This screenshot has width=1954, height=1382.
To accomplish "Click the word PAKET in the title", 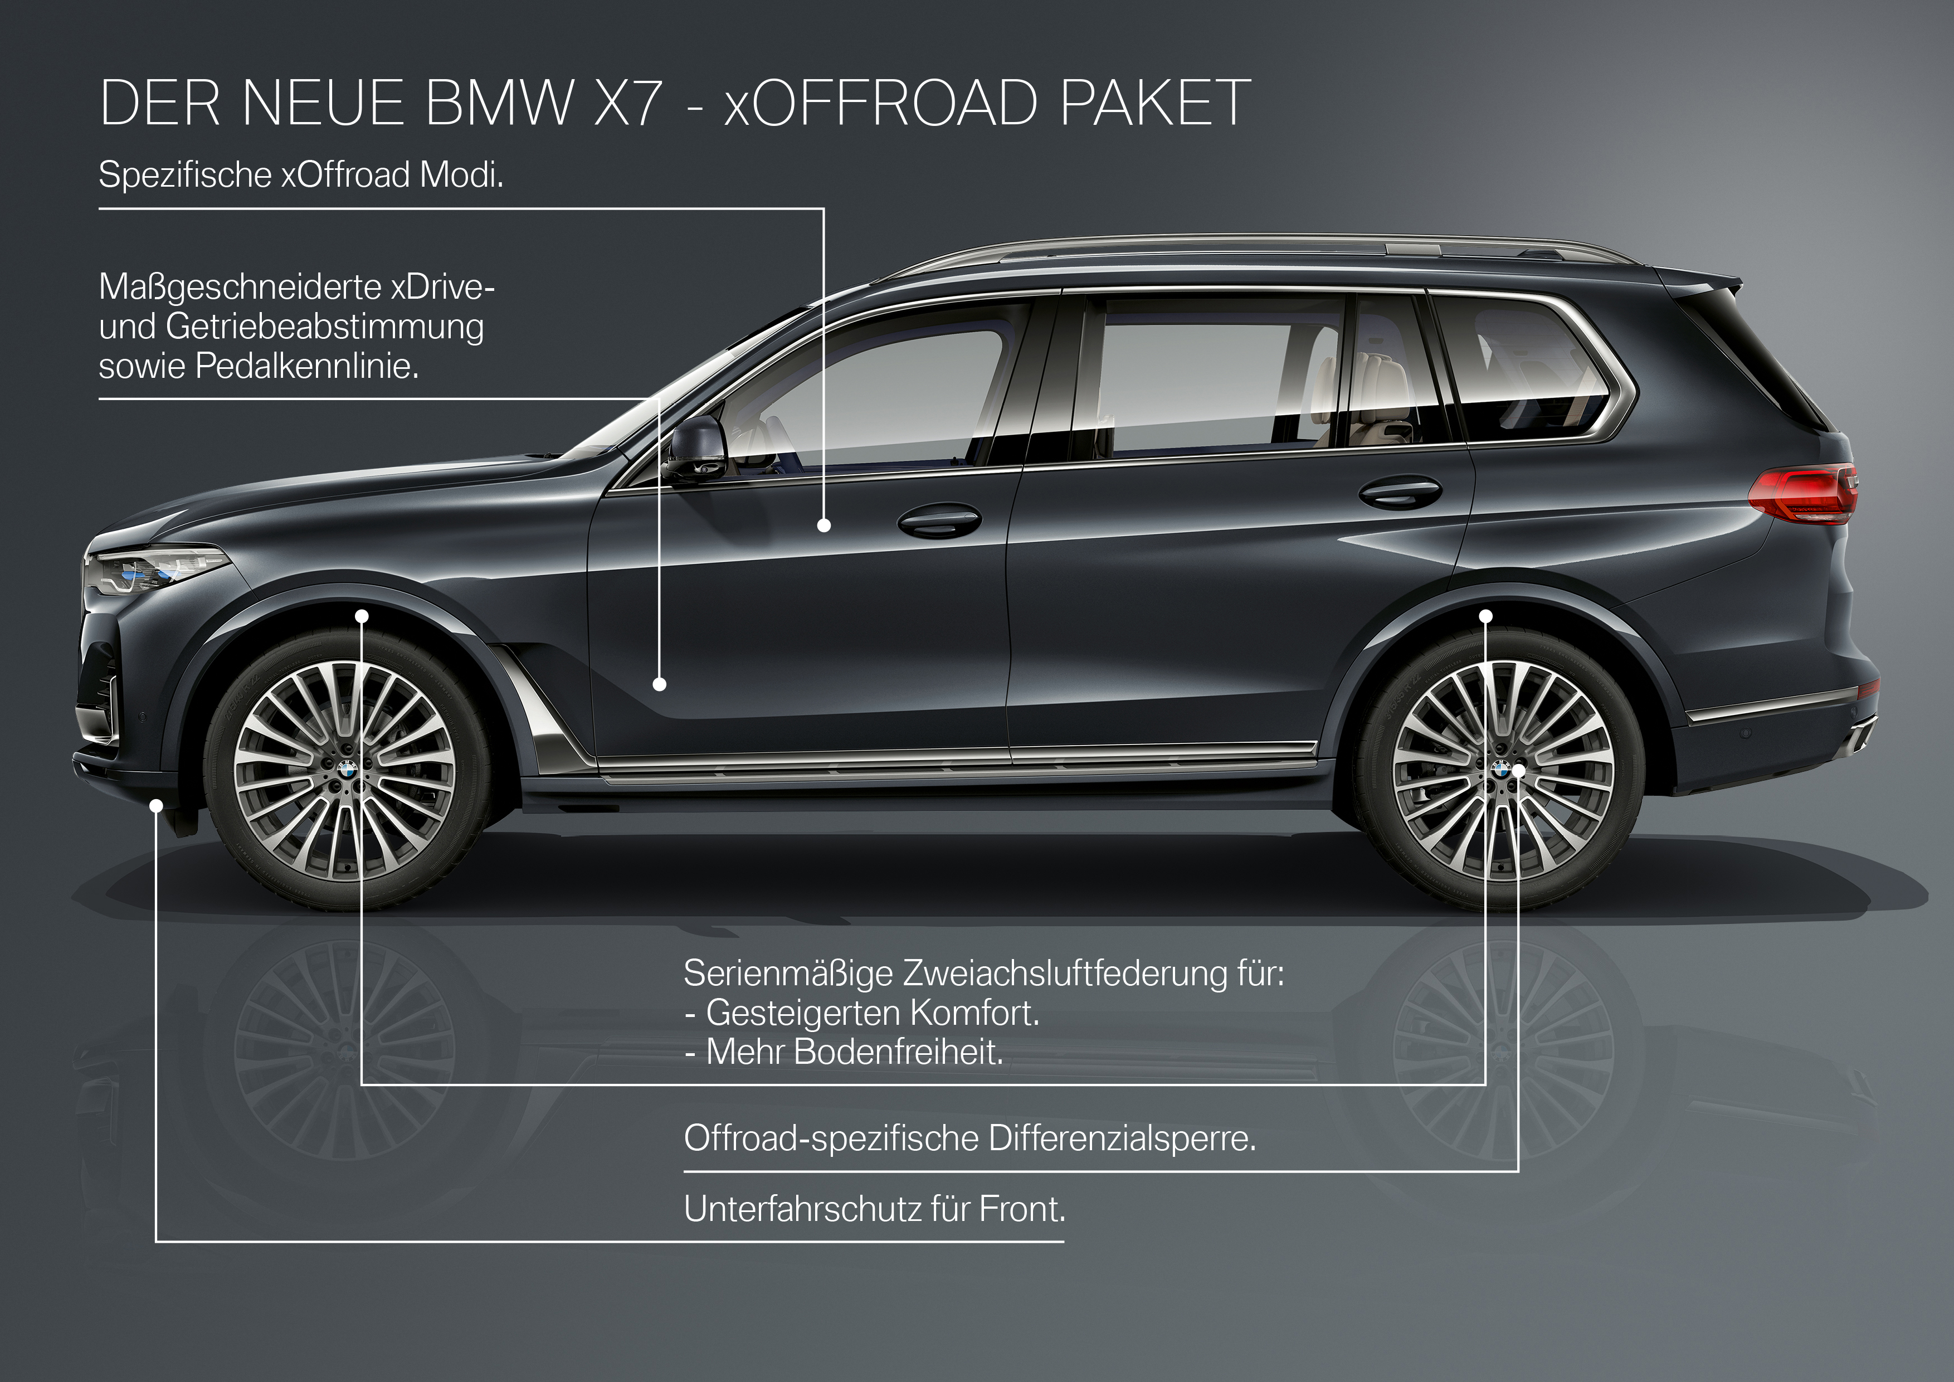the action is pyautogui.click(x=1155, y=103).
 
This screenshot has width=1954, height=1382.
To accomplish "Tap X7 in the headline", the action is pyautogui.click(x=627, y=103).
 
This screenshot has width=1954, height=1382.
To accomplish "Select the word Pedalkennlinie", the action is pyautogui.click(x=307, y=367).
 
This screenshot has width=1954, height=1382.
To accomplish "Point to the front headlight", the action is pyautogui.click(x=156, y=570).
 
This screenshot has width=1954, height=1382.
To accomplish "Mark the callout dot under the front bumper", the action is pyautogui.click(x=156, y=805).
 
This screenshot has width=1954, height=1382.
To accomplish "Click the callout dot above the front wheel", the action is pyautogui.click(x=362, y=615).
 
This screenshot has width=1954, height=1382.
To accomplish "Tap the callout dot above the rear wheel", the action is pyautogui.click(x=1486, y=615).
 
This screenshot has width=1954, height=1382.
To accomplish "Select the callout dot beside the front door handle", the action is pyautogui.click(x=824, y=526).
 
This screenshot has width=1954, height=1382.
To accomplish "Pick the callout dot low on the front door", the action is pyautogui.click(x=660, y=683).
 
